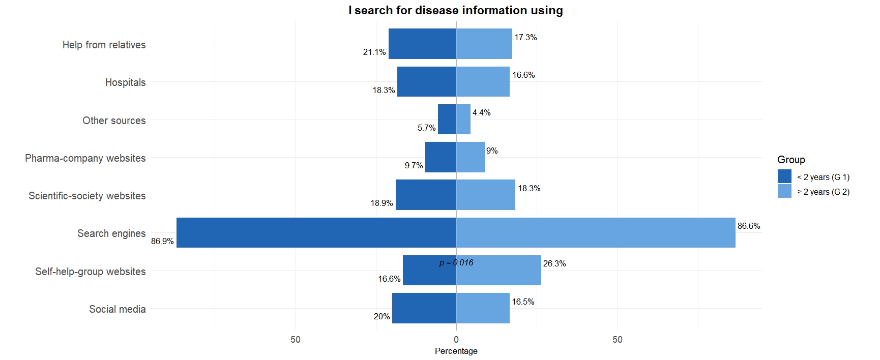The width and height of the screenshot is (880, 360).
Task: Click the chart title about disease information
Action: (x=455, y=10)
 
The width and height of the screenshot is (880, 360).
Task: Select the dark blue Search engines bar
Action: (x=315, y=233)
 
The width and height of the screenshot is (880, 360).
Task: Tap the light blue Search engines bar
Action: (x=595, y=233)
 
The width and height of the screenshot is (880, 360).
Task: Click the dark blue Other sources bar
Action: (x=447, y=119)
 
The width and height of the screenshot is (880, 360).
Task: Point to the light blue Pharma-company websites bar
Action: (x=471, y=157)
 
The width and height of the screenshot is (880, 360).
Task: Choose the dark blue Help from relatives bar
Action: (x=422, y=44)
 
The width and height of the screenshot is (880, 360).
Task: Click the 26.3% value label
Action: (x=554, y=263)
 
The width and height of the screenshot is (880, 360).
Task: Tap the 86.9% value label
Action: (x=162, y=241)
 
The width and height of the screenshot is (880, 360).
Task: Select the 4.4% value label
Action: (x=481, y=112)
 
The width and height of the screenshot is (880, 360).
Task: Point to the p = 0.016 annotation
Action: (x=456, y=262)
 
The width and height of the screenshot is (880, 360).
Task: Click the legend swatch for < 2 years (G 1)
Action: (x=784, y=176)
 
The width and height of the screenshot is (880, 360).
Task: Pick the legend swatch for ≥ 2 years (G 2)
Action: (x=784, y=191)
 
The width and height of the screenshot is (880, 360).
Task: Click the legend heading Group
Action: (x=791, y=160)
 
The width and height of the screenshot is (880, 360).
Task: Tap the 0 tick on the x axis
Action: (x=456, y=339)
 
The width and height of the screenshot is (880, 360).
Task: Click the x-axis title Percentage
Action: (x=456, y=351)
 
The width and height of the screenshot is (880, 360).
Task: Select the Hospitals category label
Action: (x=125, y=82)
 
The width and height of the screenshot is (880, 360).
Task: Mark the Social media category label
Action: (x=117, y=309)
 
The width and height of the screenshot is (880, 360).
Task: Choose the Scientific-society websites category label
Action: (x=87, y=196)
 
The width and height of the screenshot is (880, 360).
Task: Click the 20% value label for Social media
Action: (x=382, y=316)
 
